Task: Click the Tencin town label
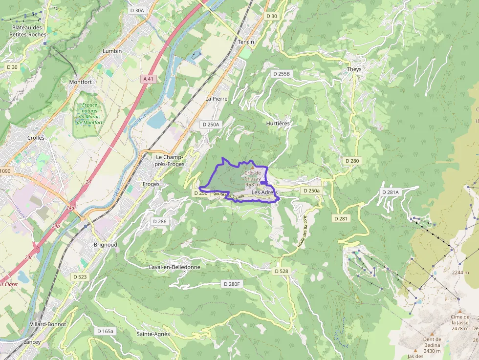pos(246,42)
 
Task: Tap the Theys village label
pos(354,69)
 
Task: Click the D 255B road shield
pos(281,74)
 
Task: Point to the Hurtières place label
pos(278,124)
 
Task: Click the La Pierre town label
pos(217,99)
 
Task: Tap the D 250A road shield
pos(211,125)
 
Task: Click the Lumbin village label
pos(112,51)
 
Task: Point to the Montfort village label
pos(81,82)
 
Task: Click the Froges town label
pos(151,184)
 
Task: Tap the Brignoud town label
pos(105,244)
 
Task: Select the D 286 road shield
pos(159,221)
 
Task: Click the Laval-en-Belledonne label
pos(174,267)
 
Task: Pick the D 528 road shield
pos(282,271)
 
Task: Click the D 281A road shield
pos(391,192)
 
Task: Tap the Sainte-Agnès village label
pos(153,334)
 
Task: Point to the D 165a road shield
pos(105,331)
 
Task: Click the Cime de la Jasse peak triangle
pos(459,310)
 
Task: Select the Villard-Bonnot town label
pos(47,324)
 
